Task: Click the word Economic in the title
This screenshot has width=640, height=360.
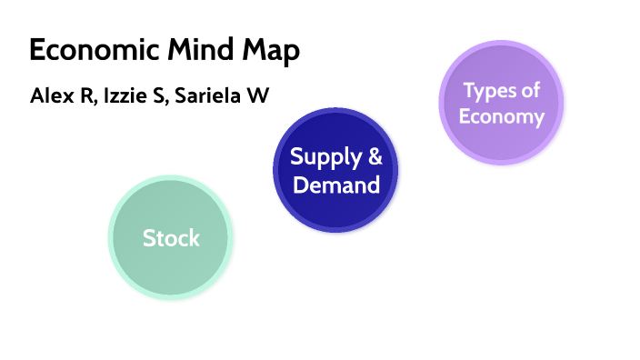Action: click(x=85, y=51)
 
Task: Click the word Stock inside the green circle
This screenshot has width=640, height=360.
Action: click(x=171, y=238)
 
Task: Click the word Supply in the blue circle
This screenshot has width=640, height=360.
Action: click(x=321, y=156)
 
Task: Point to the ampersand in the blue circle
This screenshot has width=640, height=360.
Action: click(x=373, y=155)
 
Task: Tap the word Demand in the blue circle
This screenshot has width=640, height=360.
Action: click(x=336, y=185)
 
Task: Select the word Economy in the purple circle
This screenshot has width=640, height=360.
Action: click(x=501, y=116)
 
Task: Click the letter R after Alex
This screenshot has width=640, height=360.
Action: click(x=83, y=95)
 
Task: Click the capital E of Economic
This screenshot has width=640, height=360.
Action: click(x=37, y=51)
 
